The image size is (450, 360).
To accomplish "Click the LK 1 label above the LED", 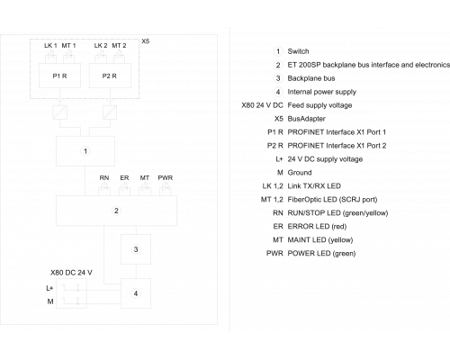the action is [x=50, y=46].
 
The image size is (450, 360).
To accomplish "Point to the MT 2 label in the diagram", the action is [x=119, y=46].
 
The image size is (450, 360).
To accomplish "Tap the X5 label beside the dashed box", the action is [x=146, y=41].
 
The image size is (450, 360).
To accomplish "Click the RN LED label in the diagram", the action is [x=104, y=178].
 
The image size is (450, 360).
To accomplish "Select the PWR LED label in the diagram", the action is [x=166, y=178].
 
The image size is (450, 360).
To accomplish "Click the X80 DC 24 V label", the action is [x=71, y=273].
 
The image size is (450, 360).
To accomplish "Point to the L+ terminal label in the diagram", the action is [x=49, y=288].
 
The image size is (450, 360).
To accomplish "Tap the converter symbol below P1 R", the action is [x=59, y=112].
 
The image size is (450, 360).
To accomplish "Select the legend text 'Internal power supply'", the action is [x=322, y=92].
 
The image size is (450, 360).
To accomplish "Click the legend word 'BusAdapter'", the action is [x=307, y=119].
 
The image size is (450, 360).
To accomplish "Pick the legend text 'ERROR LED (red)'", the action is [x=317, y=227].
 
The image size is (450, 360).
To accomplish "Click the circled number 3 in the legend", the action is [x=278, y=78].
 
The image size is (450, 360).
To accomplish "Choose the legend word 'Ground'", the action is [x=300, y=173].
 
